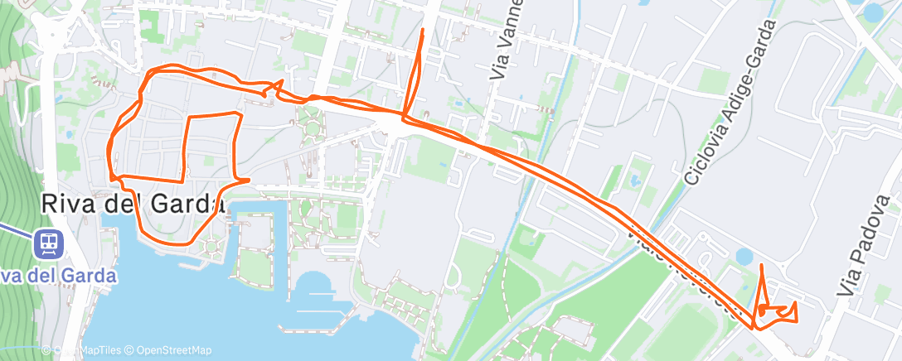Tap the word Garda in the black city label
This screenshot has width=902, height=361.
point(180,203)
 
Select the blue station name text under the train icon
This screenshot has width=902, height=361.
point(58,275)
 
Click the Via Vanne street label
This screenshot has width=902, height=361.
point(508,39)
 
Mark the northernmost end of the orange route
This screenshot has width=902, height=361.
point(424,30)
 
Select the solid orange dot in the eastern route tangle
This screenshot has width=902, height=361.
point(761,313)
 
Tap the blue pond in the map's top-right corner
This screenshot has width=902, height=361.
point(874,12)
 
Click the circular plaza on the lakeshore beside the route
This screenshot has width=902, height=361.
point(213,245)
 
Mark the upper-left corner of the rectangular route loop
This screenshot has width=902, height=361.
point(187,119)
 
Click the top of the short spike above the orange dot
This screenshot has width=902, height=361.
point(762,265)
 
